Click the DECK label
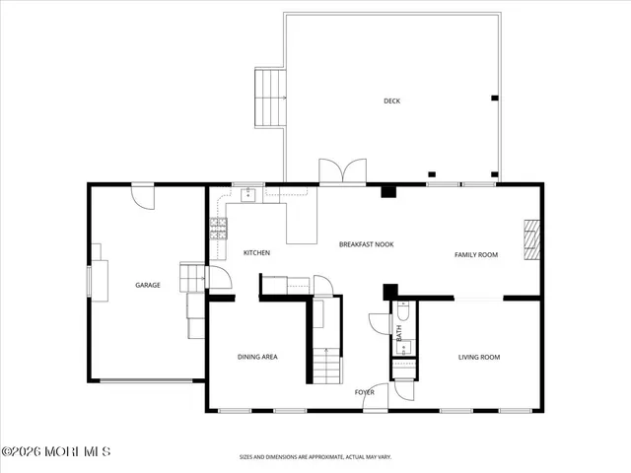(391, 101)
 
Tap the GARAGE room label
(148, 285)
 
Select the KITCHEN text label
(256, 253)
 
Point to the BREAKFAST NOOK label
(366, 243)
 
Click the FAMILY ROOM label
(475, 254)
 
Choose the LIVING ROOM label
(479, 357)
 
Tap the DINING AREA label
(256, 357)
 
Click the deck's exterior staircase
(269, 99)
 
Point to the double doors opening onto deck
(341, 171)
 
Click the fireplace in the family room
(532, 239)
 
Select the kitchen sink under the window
(246, 194)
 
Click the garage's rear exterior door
(145, 195)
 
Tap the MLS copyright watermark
(56, 451)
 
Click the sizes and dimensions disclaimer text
(315, 457)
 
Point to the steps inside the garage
(190, 279)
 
